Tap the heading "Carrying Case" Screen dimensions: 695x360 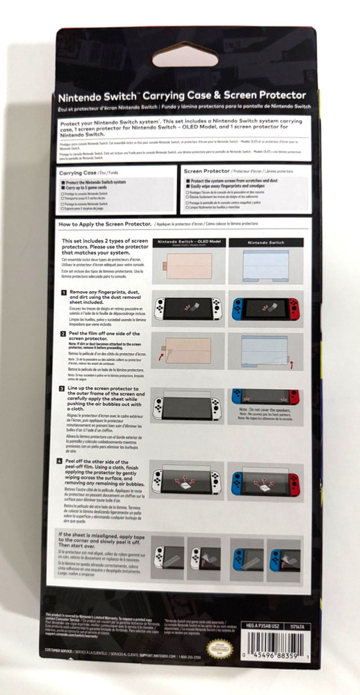77,171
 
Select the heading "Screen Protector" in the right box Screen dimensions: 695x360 207,170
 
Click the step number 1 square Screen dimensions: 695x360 63,294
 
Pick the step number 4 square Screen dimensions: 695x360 63,461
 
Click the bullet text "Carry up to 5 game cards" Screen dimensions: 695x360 90,188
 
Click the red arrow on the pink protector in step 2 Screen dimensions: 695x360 162,354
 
